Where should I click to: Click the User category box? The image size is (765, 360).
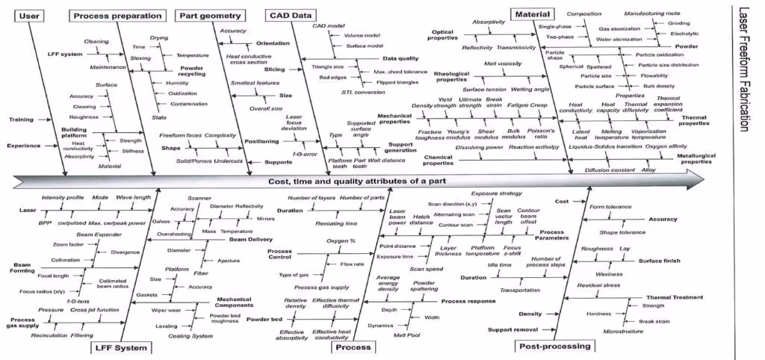coord(28,16)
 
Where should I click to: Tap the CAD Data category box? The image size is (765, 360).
coord(293,16)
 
